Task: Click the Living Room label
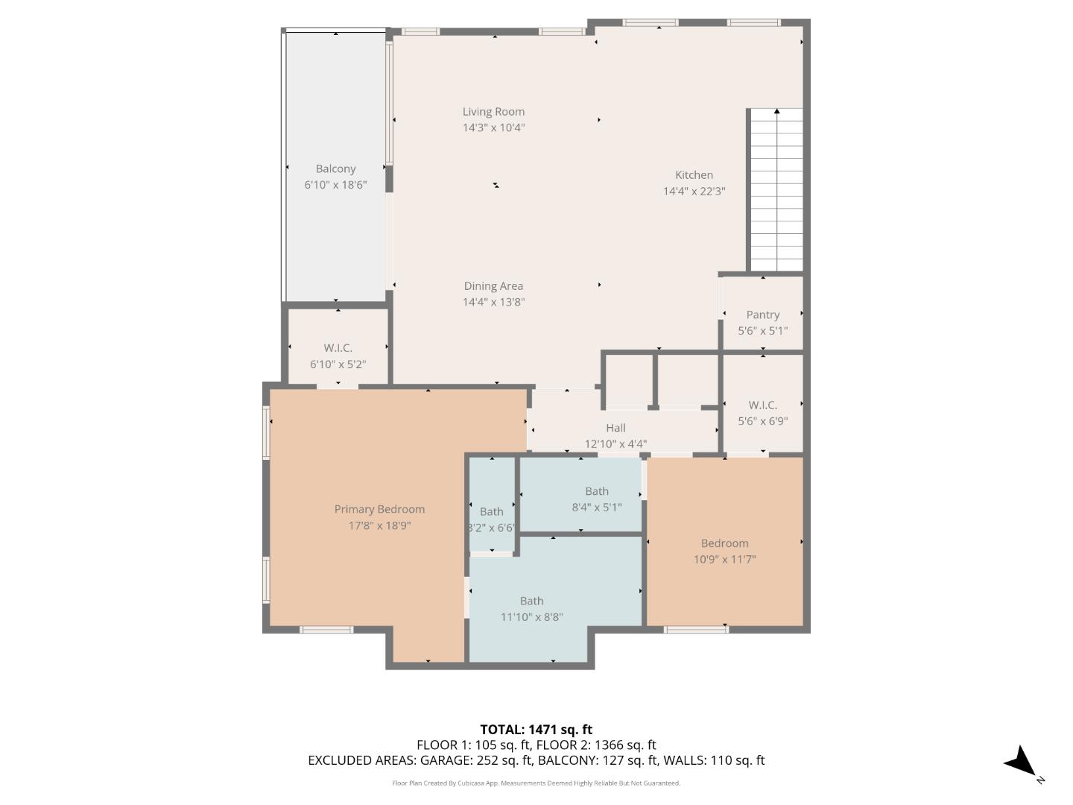493,112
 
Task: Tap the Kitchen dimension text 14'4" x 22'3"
694,191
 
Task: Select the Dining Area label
493,286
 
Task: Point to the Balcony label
335,169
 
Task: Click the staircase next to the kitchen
776,190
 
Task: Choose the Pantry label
762,315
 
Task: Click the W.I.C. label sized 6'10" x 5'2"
338,348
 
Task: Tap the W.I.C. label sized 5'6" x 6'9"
762,405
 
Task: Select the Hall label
615,428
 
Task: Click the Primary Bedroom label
379,510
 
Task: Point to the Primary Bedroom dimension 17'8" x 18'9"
379,525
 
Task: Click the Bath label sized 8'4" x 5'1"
596,491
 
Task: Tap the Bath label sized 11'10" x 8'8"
531,601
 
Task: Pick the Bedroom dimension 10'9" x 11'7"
724,559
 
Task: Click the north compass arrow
1022,763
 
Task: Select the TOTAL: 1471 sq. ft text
536,730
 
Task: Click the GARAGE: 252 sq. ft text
475,760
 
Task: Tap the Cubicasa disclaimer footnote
536,783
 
